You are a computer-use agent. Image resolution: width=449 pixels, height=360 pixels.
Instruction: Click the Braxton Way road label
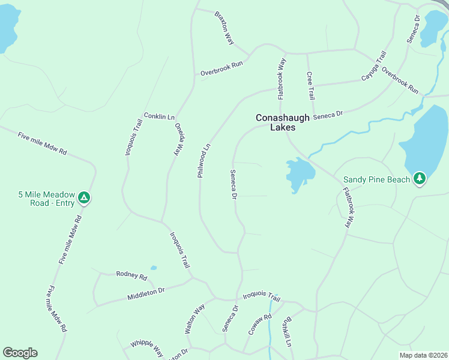pos(224,27)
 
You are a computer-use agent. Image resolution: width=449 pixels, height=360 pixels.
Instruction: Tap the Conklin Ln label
pos(159,116)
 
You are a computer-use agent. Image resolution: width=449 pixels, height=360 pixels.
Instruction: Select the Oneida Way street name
pos(178,140)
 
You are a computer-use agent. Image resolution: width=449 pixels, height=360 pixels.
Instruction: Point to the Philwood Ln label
pos(204,160)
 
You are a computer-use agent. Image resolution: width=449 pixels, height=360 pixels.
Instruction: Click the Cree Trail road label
pos(310,85)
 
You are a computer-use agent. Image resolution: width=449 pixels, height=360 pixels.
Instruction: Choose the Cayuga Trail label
pos(373,67)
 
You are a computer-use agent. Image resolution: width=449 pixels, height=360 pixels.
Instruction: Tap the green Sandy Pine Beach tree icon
pos(419,178)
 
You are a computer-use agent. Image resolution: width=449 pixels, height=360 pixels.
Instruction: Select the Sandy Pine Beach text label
pos(376,179)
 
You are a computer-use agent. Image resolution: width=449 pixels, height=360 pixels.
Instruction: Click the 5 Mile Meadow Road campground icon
pos(85,197)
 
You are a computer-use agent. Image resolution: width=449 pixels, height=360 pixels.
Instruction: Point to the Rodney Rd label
pos(131,275)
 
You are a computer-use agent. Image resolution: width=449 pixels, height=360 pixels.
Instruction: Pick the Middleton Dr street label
pos(145,293)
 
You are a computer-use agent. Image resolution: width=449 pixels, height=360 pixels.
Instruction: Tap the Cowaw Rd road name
pos(256,324)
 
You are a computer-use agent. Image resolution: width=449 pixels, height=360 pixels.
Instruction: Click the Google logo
pos(20,353)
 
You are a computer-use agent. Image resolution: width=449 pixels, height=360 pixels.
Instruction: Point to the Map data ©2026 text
pos(423,355)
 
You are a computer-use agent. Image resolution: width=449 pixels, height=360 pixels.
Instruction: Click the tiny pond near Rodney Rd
pos(154,268)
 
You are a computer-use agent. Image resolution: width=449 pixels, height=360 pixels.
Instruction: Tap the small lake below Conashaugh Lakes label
pos(298,174)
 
